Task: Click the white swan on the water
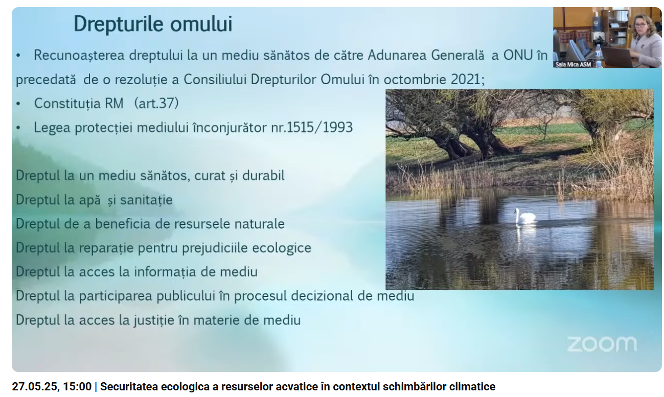(525, 216)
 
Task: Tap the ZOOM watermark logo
(602, 344)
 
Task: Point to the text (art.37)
(156, 104)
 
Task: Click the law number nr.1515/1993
(312, 128)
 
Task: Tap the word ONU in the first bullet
(518, 55)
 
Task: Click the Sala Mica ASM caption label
(573, 64)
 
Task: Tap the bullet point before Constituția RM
(18, 104)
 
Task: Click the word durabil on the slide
(263, 176)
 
